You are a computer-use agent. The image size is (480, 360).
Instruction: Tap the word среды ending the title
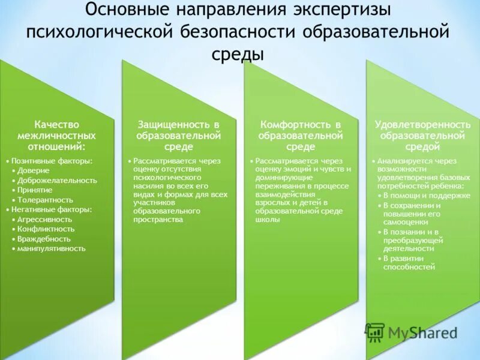click(x=238, y=53)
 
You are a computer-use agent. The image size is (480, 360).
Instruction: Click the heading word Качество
click(x=56, y=124)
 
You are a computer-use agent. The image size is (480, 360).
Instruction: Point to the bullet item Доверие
click(x=34, y=171)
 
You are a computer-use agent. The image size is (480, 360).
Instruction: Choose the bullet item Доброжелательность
click(x=57, y=181)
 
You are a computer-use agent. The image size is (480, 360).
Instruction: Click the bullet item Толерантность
click(x=45, y=200)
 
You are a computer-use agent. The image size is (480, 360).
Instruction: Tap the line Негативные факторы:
click(x=52, y=209)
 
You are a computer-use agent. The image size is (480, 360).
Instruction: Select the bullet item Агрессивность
click(x=46, y=219)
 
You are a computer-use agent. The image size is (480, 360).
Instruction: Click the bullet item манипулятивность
click(x=52, y=248)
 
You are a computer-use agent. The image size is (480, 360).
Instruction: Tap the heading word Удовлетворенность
click(x=422, y=124)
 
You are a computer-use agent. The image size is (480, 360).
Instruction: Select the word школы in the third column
click(x=268, y=220)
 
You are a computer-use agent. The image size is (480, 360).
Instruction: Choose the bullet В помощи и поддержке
click(x=418, y=196)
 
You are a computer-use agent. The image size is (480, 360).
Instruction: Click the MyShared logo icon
click(x=375, y=332)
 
